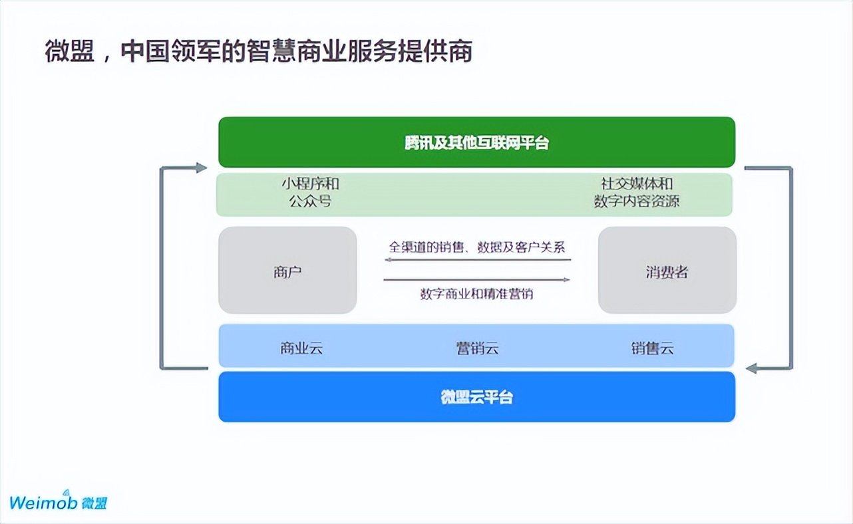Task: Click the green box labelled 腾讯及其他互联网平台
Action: coord(476,142)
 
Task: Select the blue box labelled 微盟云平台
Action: coord(476,397)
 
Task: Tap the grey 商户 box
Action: coord(287,271)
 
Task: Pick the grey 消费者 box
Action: coord(667,271)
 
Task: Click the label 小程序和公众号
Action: coord(310,192)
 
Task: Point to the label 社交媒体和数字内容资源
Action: coord(637,192)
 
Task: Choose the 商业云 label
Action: coord(301,348)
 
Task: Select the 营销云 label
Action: coord(477,348)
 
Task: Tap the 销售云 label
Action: coord(653,348)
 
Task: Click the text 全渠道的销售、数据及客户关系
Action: coord(477,247)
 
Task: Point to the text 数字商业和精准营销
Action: coord(477,293)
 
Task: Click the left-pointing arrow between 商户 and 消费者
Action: coord(477,259)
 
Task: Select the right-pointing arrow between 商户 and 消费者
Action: coord(477,280)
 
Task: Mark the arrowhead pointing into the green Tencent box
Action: coord(202,168)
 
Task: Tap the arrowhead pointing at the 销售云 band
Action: coord(752,368)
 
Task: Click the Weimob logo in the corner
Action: coord(58,501)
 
